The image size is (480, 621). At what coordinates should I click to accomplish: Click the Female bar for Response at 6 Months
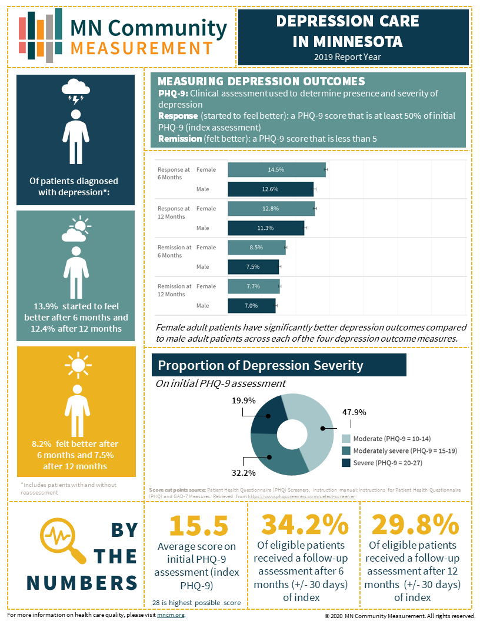[x=276, y=170]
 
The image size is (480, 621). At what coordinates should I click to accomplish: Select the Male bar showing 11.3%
[x=266, y=228]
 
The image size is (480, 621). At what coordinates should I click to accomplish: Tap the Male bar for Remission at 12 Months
[x=251, y=306]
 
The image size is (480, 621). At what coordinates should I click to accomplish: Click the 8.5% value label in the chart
[x=256, y=248]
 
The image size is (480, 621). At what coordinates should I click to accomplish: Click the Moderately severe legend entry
[x=399, y=450]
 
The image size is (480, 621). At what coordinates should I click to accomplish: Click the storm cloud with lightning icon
[x=75, y=91]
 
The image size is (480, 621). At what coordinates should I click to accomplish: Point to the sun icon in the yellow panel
[x=76, y=364]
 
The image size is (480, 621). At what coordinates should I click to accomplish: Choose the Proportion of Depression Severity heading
[x=261, y=365]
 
